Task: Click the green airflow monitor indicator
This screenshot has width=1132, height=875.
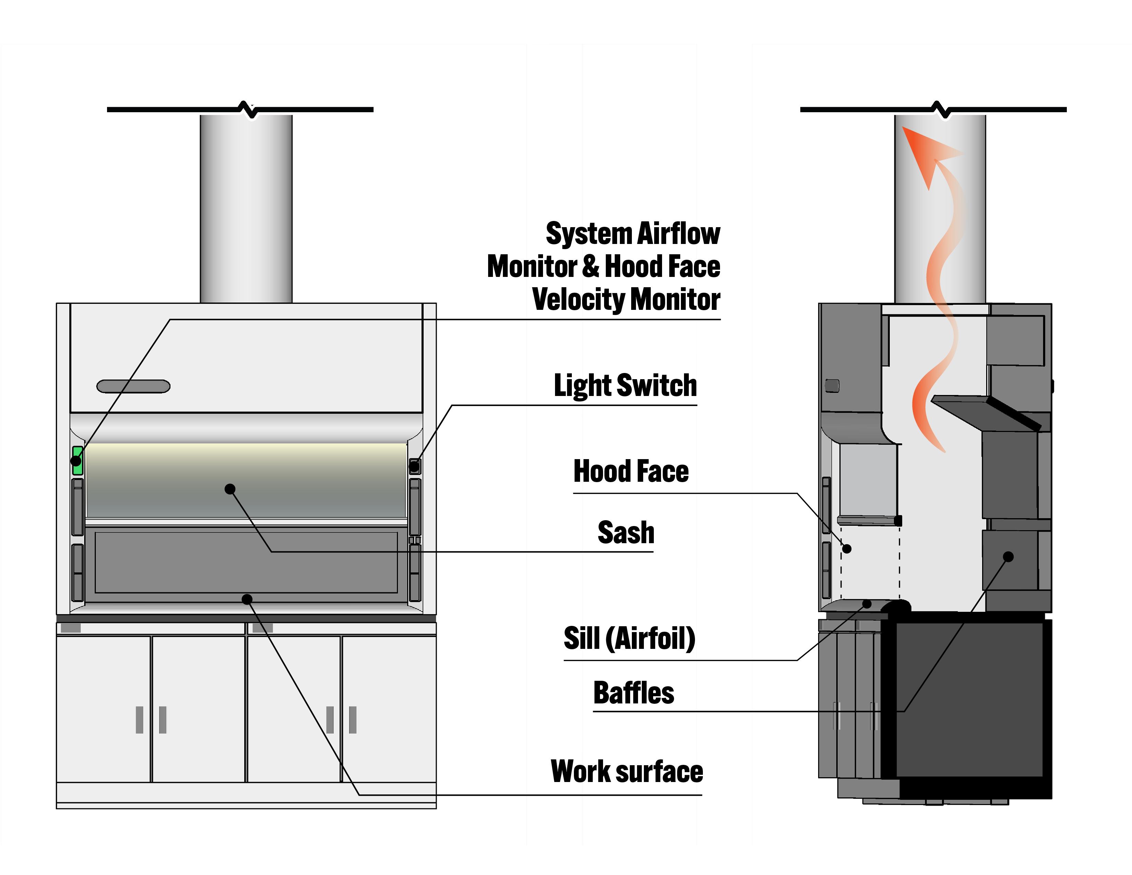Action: coord(78,460)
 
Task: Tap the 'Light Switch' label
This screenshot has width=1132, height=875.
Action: coord(625,386)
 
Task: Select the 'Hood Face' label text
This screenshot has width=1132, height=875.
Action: coord(631,471)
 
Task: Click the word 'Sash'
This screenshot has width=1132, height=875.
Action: coord(626,533)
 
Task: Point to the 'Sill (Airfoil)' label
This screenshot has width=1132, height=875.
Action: coord(629,639)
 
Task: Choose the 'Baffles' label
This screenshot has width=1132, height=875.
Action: coord(633,693)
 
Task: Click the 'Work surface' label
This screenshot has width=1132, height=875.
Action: coord(627,772)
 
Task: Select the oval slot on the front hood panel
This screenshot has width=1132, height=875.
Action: coord(133,386)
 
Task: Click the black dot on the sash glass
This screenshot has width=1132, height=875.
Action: coord(230,489)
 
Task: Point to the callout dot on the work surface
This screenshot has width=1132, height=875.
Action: coord(247,599)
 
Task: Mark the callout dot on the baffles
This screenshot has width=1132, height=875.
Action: coord(1008,557)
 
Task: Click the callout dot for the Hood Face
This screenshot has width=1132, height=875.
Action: coord(846,548)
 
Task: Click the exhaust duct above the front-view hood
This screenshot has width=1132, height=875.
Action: coord(246,207)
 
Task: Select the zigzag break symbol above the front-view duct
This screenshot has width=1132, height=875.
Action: coord(248,109)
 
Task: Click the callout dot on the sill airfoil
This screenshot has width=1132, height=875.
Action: coord(866,603)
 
